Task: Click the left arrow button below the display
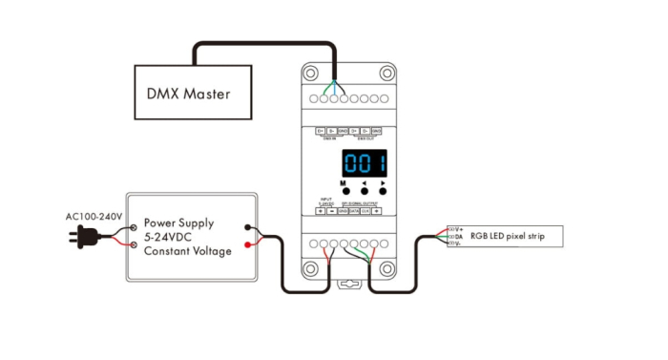[364, 189]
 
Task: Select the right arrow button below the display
[384, 189]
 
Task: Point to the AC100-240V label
[94, 217]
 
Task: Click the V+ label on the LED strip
[460, 229]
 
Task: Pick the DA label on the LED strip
[459, 237]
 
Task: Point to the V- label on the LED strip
[459, 244]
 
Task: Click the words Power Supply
[177, 223]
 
